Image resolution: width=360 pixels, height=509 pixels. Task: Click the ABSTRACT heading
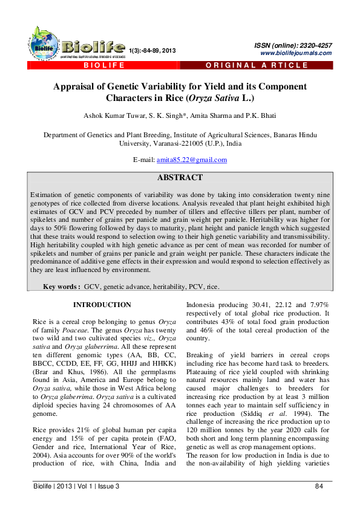point(180,178)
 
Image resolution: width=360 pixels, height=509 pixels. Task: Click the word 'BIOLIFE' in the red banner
point(101,65)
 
